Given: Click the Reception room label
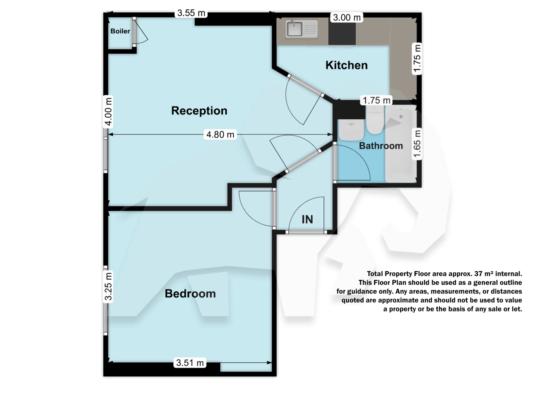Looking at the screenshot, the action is coord(199,111).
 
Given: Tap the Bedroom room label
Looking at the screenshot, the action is coord(190,294).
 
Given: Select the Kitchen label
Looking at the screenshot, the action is coord(346,65).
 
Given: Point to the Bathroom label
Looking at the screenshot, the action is coord(381,146).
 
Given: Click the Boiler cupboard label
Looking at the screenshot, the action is coord(120,31).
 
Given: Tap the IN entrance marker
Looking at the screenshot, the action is coord(307,219).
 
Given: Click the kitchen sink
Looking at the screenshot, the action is coord(301,29).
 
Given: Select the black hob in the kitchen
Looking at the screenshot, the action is coord(342,33).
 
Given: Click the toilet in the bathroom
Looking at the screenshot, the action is coord(375,119).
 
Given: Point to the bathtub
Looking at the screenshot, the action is coord(401,143).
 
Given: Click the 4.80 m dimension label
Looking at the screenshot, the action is coord(220,134).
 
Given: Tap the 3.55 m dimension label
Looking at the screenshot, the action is coord(191,13).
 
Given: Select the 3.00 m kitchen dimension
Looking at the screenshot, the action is coord(347,18).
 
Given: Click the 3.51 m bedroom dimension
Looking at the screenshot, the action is coord(190,363).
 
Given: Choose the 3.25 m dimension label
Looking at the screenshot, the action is coord(108,287).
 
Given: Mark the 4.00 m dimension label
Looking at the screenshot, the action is coord(108,112).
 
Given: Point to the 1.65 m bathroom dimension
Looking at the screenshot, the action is coord(417,144).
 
